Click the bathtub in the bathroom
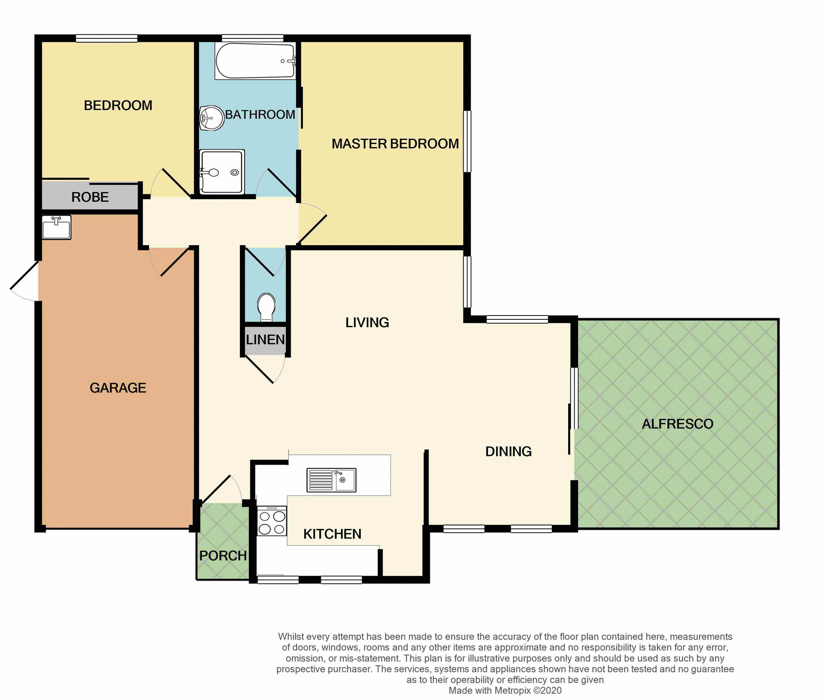pos(255,61)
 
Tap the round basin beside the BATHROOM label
pos(211,118)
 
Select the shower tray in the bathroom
pos(222,172)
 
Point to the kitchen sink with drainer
pos(331,480)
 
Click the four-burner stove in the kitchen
pos(272,521)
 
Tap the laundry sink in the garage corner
pos(56,227)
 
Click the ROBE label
pos(90,197)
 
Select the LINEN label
pos(265,340)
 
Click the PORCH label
pos(223,556)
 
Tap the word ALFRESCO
pos(677,424)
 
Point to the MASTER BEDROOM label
pos(395,144)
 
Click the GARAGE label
pos(118,388)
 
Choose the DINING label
pos(508,452)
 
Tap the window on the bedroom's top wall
pos(106,39)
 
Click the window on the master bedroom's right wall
pos(467,141)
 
